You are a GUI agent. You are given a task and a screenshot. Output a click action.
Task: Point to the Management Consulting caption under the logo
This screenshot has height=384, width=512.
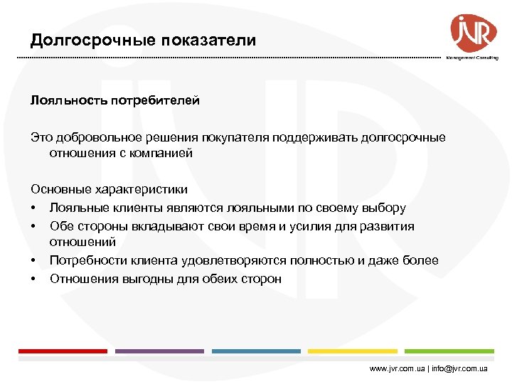(472, 58)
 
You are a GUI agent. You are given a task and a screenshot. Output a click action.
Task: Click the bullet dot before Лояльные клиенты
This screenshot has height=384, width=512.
(33, 208)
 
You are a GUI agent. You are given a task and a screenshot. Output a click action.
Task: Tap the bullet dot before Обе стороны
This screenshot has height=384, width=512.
(33, 226)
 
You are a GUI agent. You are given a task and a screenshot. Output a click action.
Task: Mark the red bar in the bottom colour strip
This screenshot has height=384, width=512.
(62, 351)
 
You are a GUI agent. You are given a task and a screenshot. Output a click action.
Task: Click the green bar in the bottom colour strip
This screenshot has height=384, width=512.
(449, 351)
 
